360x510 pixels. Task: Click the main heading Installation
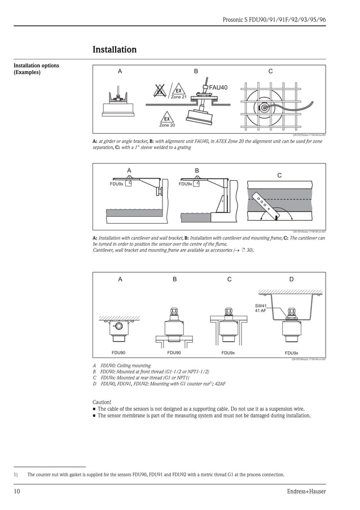pyautogui.click(x=115, y=50)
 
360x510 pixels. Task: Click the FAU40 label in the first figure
pyautogui.click(x=218, y=88)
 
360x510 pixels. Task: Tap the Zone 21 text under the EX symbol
pyautogui.click(x=178, y=97)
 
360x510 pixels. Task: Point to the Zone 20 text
pyautogui.click(x=166, y=125)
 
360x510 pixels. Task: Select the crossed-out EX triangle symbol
pyautogui.click(x=160, y=90)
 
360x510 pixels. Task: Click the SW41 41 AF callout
pyautogui.click(x=260, y=308)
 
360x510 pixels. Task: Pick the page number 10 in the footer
pyautogui.click(x=17, y=491)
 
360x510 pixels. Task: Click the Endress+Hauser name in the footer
pyautogui.click(x=306, y=491)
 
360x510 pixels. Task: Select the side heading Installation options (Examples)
pyautogui.click(x=36, y=69)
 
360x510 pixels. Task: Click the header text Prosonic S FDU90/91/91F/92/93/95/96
pyautogui.click(x=274, y=20)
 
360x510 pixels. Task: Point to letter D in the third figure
pyautogui.click(x=291, y=279)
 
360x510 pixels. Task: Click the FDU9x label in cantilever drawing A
pyautogui.click(x=116, y=184)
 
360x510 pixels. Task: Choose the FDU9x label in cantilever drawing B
pyautogui.click(x=185, y=184)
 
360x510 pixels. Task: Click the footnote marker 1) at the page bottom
pyautogui.click(x=16, y=474)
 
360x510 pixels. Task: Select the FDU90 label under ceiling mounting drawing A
pyautogui.click(x=119, y=352)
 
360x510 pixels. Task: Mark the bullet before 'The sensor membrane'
pyautogui.click(x=94, y=416)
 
